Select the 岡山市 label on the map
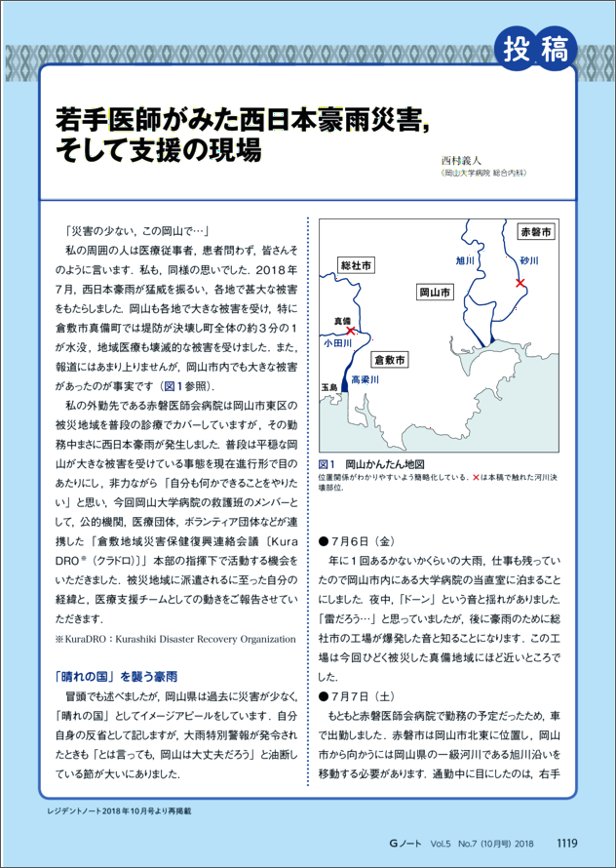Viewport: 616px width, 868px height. pos(434,292)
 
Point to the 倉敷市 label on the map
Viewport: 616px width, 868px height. pos(390,360)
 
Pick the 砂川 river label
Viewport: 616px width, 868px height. pos(529,262)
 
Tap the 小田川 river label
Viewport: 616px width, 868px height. pos(337,343)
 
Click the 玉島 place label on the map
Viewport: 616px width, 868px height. pos(328,387)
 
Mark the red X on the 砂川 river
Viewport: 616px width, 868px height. pos(520,283)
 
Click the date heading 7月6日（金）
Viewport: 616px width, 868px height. pos(356,539)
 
